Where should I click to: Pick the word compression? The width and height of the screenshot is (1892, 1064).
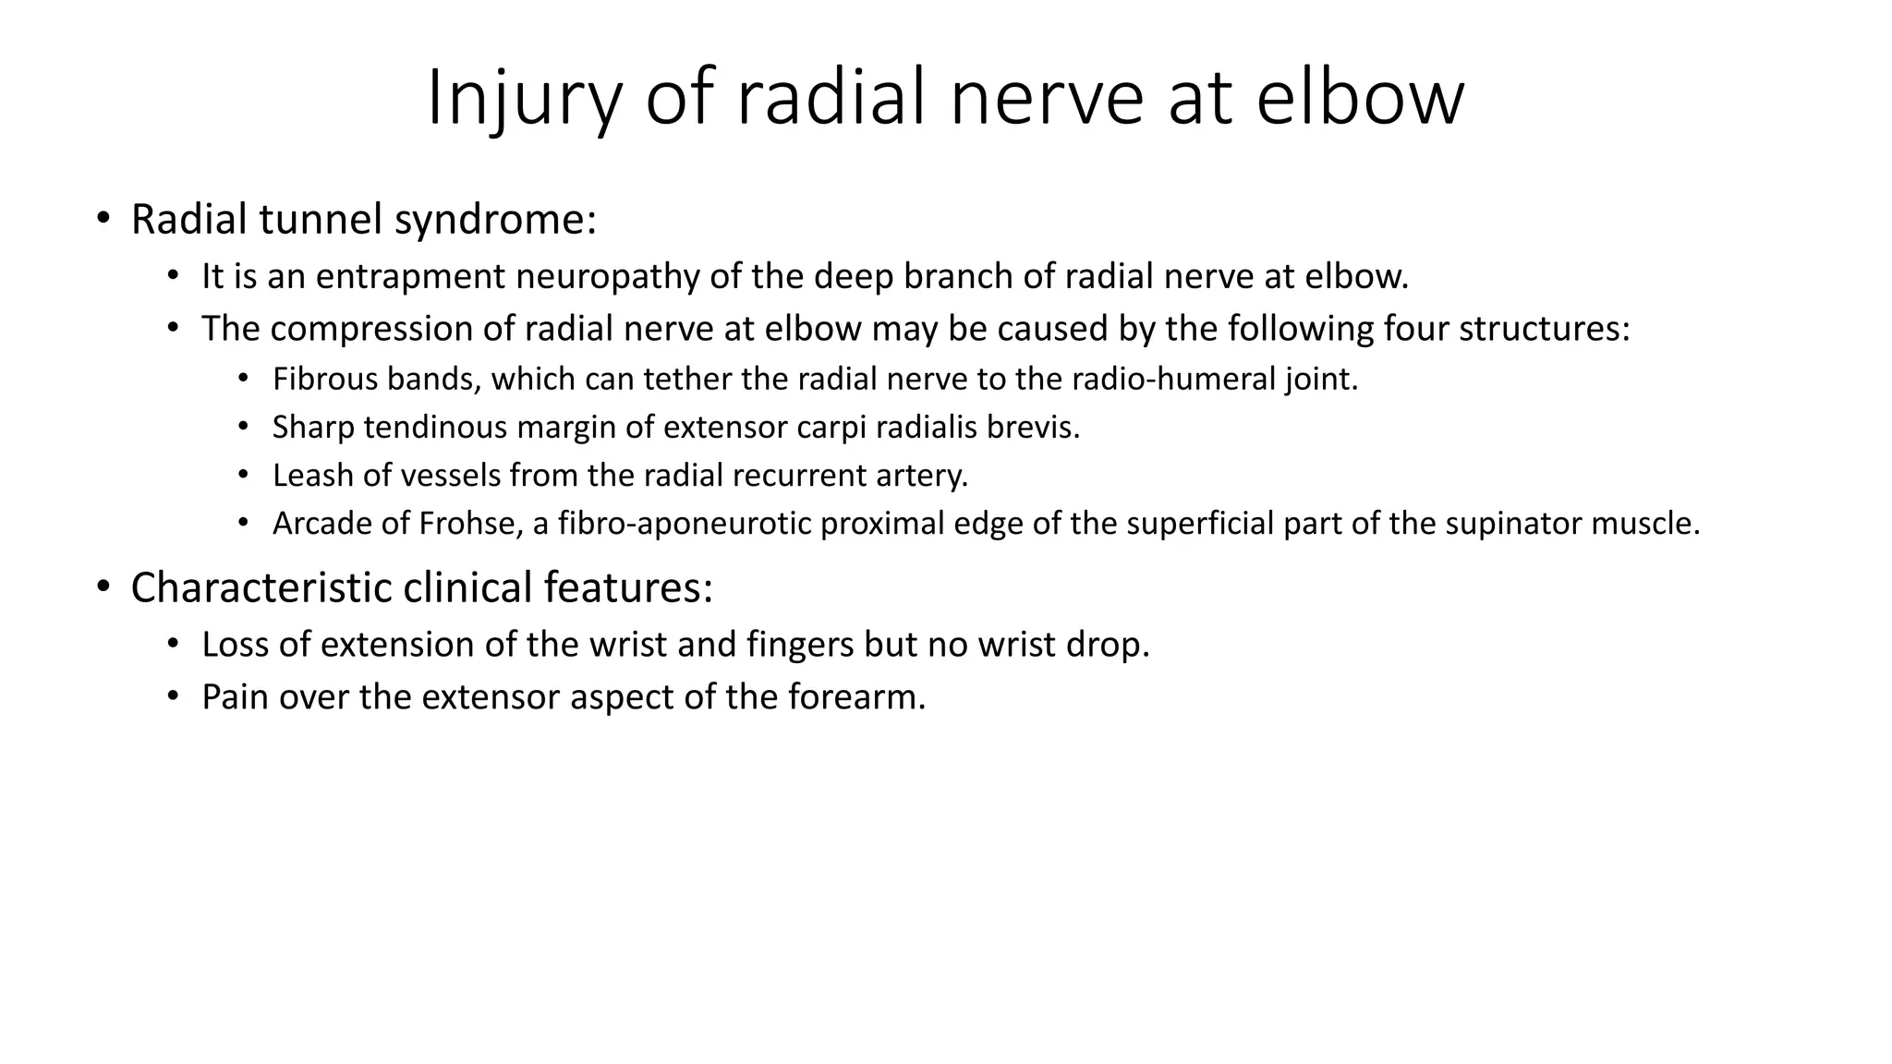[x=392, y=329]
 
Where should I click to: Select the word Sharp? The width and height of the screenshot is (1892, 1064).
[x=313, y=428]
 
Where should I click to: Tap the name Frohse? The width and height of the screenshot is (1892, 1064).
[x=467, y=524]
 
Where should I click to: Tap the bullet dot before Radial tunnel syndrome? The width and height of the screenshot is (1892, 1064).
[x=103, y=220]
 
